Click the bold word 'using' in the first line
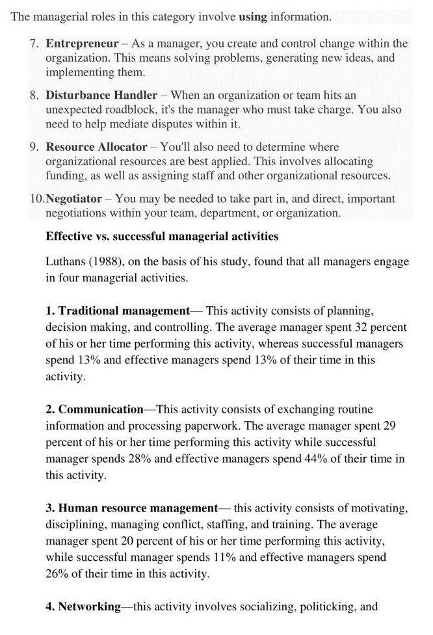tap(254, 17)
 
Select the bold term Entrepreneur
tap(82, 44)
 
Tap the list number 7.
tap(34, 44)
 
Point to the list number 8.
tap(34, 95)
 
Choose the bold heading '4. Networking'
tap(83, 607)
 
